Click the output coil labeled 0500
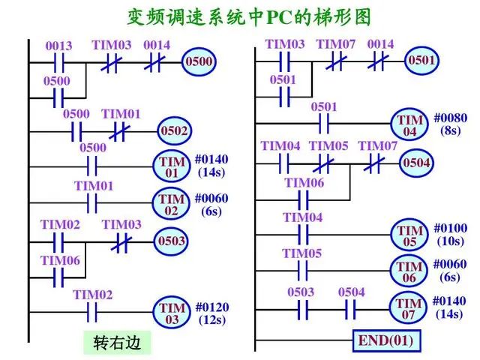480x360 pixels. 199,61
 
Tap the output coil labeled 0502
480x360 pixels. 173,130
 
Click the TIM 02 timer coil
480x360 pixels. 171,203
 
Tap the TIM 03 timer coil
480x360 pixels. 171,312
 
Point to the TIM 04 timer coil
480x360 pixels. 410,124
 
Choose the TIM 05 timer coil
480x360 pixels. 410,234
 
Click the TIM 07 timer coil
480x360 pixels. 409,307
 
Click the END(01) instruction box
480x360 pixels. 385,340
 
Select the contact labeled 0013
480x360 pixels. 58,61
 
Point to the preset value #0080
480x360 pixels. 450,118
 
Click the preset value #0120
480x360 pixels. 212,307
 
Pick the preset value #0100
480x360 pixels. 450,228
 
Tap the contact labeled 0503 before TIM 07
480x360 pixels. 301,307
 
